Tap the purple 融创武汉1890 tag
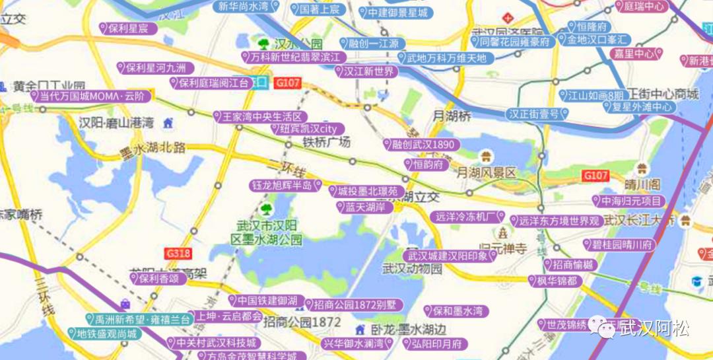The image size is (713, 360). click(x=422, y=145)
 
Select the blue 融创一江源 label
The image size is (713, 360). click(x=373, y=44)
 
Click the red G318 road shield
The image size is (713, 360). click(x=178, y=253)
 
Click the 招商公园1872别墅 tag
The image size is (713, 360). click(x=354, y=305)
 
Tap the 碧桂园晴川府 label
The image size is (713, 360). click(x=620, y=244)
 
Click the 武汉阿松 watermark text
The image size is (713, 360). click(x=654, y=328)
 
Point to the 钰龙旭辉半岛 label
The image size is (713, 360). click(x=285, y=186)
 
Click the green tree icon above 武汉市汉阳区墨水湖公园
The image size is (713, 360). click(x=266, y=209)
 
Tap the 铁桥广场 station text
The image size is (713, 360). click(x=326, y=142)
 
